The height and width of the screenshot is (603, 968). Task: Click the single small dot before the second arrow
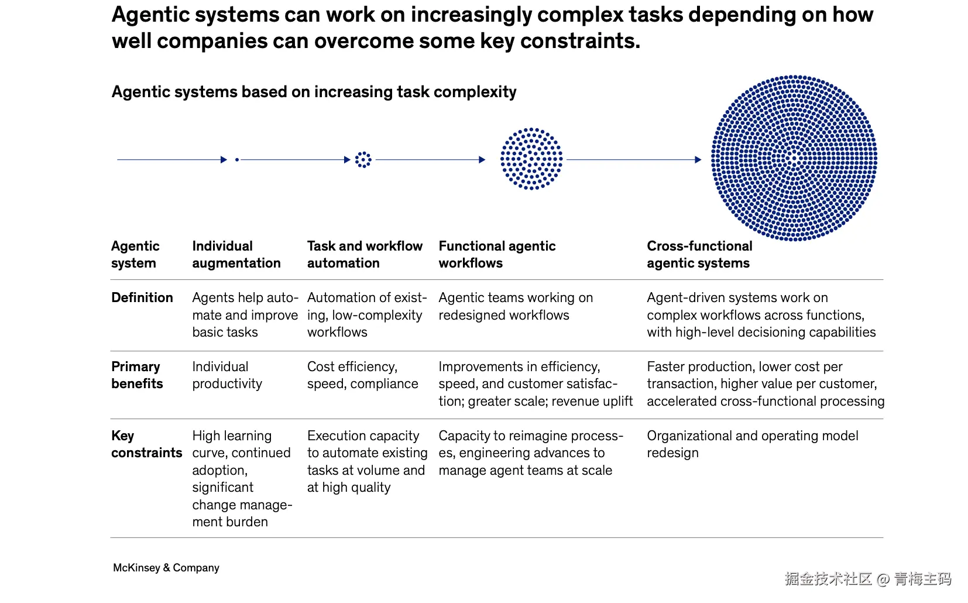coord(237,159)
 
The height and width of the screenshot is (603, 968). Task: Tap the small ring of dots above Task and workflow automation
coord(363,159)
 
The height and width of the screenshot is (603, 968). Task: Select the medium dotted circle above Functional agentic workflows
coord(531,159)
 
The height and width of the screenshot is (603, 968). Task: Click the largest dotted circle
coord(794,157)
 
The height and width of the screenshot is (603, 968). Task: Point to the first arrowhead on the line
coord(224,159)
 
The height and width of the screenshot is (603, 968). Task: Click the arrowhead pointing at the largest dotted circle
coord(698,159)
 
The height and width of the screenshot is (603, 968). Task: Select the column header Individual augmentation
coord(236,254)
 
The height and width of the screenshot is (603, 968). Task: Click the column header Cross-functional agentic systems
coord(699,254)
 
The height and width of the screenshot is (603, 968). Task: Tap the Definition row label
coord(142,297)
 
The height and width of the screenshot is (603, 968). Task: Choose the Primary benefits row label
coord(137,375)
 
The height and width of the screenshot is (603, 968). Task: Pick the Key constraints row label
coord(146,444)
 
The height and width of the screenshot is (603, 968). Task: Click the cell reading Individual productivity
coord(227,375)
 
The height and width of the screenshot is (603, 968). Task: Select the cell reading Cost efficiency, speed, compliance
coord(363,375)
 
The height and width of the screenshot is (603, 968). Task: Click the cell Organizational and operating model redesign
coord(753,444)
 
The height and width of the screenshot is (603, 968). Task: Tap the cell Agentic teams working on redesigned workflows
coord(516,306)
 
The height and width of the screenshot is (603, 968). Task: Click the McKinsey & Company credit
coord(166,567)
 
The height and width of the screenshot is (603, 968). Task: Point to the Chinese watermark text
coord(868,579)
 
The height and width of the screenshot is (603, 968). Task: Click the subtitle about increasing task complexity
coord(314,92)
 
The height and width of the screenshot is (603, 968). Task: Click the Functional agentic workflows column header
coord(497,254)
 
